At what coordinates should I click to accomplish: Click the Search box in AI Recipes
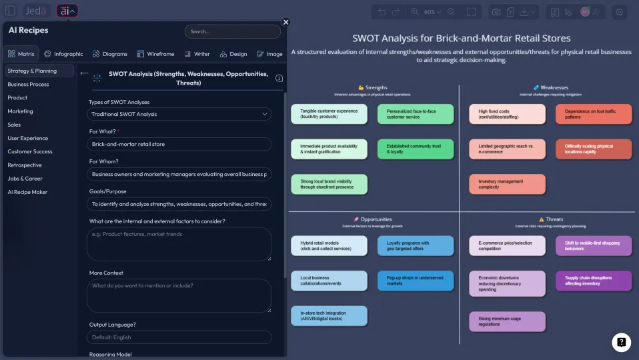coord(232,31)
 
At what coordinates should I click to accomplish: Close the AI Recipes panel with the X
coord(286,22)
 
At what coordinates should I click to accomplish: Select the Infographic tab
coord(64,54)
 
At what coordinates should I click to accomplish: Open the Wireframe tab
coord(155,54)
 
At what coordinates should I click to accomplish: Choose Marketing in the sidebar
coord(20,111)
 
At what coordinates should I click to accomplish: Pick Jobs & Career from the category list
coord(25,179)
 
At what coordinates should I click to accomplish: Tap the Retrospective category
coord(25,165)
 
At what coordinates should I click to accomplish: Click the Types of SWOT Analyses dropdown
coord(179,114)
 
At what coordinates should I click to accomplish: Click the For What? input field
coord(179,144)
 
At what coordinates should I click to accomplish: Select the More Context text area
coord(179,295)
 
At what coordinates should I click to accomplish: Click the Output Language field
coord(179,337)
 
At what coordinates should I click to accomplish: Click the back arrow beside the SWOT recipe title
coord(84,73)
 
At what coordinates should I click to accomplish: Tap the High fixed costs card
coord(507,114)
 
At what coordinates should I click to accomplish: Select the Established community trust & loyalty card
coord(415,149)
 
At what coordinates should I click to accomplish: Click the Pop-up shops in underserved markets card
coord(415,281)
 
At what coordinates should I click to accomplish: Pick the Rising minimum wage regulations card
coord(507,322)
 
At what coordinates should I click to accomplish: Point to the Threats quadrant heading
coord(551,219)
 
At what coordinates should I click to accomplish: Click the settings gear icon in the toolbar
coord(620,12)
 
